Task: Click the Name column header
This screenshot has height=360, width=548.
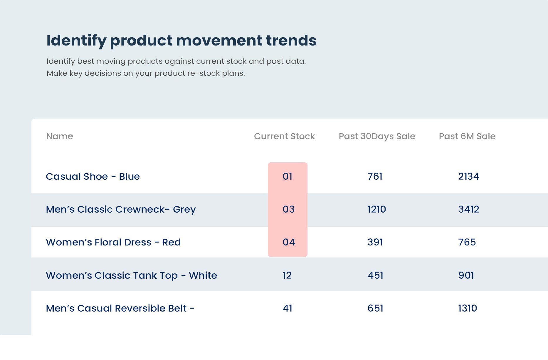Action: tap(60, 136)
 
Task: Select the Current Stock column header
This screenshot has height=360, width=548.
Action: tap(284, 136)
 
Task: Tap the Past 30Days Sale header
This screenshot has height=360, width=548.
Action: tap(377, 137)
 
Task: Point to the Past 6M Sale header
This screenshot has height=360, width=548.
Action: tap(467, 136)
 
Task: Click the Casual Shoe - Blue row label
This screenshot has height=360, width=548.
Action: tap(93, 176)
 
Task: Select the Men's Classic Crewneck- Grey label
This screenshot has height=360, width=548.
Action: tap(121, 210)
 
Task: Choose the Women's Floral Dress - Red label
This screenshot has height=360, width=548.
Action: tap(113, 242)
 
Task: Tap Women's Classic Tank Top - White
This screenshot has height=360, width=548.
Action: tap(131, 275)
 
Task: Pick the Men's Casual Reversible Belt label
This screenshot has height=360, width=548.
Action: tap(120, 308)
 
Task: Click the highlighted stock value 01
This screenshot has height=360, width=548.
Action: tap(288, 176)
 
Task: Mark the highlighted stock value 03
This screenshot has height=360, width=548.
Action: tap(288, 209)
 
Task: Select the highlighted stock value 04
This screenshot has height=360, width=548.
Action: tap(289, 242)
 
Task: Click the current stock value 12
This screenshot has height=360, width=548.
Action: tap(287, 275)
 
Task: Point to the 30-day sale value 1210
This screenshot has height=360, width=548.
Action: tap(376, 209)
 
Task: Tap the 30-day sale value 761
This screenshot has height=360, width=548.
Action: tap(375, 176)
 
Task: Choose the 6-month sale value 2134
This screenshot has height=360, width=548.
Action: tap(468, 176)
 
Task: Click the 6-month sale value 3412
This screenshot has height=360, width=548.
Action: tap(468, 209)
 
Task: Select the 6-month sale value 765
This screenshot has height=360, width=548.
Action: tap(467, 242)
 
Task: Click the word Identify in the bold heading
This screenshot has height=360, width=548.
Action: tap(76, 41)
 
